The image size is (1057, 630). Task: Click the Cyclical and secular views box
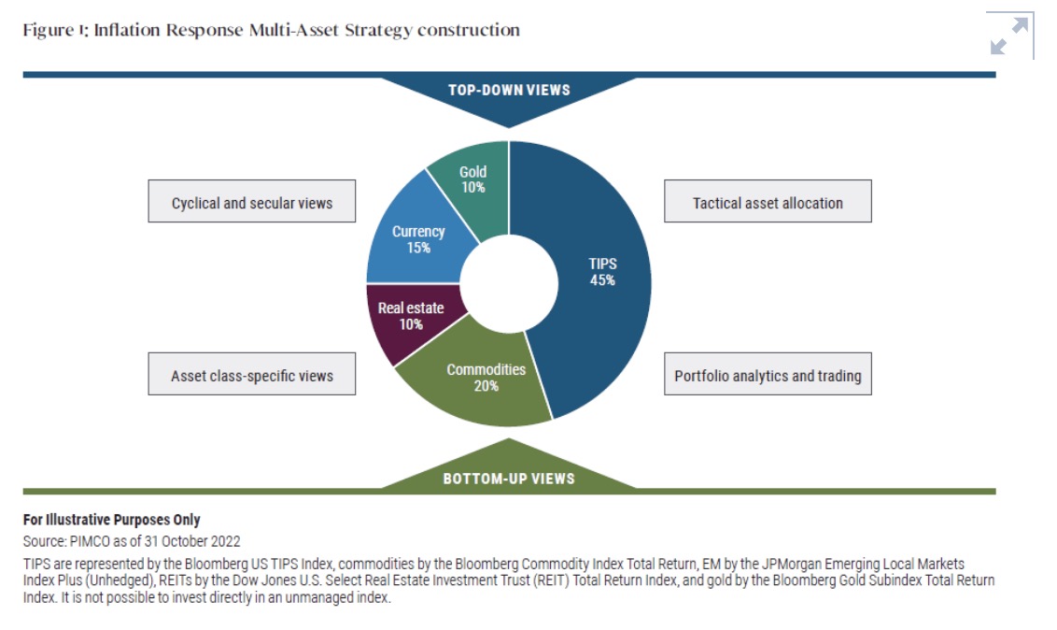[x=252, y=202]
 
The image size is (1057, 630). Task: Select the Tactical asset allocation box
[x=768, y=202]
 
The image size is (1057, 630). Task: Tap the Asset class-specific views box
[x=252, y=376]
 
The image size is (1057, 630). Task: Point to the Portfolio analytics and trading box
[x=768, y=376]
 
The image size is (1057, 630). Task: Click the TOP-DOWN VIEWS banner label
[x=509, y=91]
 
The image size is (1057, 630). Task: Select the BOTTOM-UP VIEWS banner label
[x=509, y=479]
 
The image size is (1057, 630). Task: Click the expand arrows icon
[x=1008, y=36]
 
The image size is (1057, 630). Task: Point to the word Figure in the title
[x=43, y=30]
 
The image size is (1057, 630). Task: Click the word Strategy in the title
[x=378, y=30]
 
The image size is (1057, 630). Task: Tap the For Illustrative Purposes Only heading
[x=111, y=520]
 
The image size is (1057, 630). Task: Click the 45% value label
[x=602, y=279]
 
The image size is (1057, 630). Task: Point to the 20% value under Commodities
[x=486, y=386]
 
